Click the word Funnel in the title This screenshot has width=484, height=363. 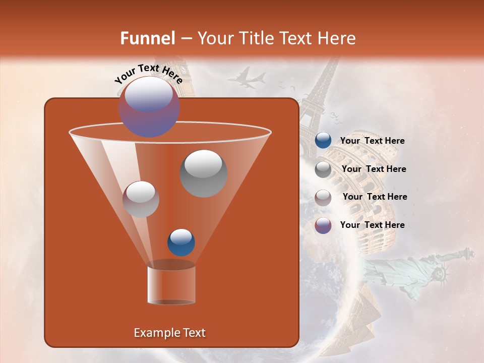tap(147, 38)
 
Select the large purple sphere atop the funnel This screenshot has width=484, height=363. tap(149, 107)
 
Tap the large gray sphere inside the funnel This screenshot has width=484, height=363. tap(203, 173)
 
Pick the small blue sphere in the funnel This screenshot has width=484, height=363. tap(181, 242)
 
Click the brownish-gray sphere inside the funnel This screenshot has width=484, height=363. tap(141, 199)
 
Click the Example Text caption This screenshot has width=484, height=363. tap(169, 333)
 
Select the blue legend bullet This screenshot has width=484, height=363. tap(323, 141)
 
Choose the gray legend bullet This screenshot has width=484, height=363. tap(323, 169)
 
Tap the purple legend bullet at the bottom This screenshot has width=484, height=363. tap(323, 225)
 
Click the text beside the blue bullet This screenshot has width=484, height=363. tap(372, 141)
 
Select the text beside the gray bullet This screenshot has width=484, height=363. tap(374, 169)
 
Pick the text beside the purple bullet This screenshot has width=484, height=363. tap(372, 225)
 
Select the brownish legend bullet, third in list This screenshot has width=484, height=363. tap(323, 197)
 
